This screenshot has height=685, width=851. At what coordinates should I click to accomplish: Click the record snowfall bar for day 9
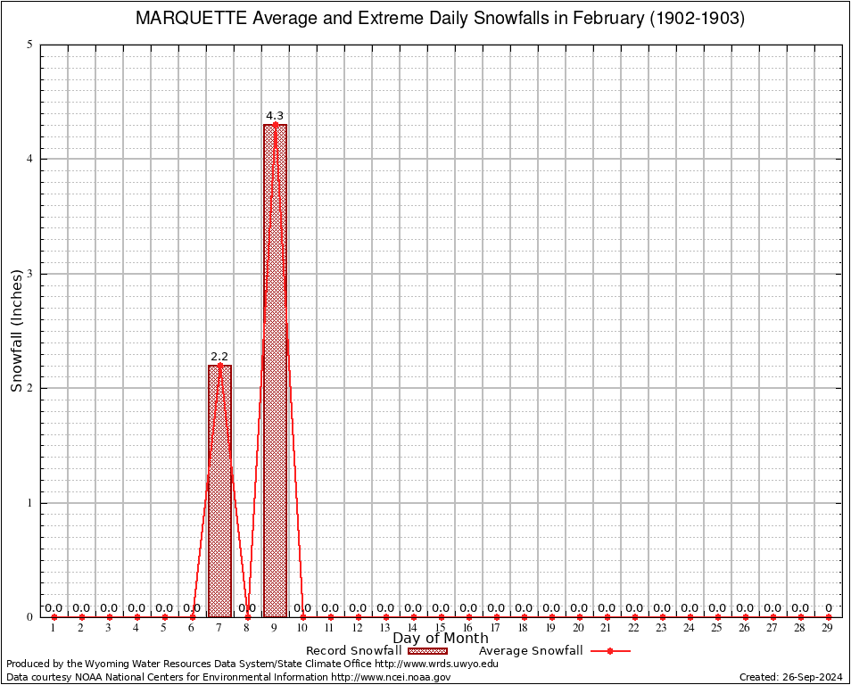tap(275, 370)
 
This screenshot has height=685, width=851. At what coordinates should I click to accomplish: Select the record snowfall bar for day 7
tap(219, 491)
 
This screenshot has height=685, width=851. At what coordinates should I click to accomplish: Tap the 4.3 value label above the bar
tap(275, 116)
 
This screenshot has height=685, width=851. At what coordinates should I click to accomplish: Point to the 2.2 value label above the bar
tap(219, 357)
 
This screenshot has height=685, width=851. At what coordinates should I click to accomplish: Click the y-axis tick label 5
tap(30, 45)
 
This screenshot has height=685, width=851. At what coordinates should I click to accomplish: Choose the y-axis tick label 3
tap(30, 274)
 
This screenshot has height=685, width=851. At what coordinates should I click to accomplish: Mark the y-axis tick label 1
tap(30, 503)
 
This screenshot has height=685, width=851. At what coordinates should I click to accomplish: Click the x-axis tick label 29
tap(828, 629)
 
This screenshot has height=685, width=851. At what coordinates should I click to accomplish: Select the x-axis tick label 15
tap(441, 629)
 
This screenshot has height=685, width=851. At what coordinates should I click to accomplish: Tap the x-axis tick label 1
tap(54, 629)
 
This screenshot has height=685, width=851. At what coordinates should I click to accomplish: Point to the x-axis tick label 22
tap(634, 629)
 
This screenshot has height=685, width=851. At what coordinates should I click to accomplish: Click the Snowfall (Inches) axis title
tap(16, 331)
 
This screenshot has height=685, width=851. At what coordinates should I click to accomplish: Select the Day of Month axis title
tap(441, 639)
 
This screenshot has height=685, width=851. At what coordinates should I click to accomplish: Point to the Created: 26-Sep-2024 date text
tap(790, 677)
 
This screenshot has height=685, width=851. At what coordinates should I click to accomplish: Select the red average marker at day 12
tap(358, 616)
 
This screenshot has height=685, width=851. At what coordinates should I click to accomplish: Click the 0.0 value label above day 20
tap(579, 608)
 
